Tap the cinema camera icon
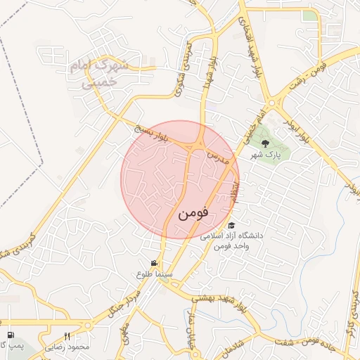[155, 263]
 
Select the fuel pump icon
[11, 335]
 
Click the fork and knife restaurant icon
[67, 335]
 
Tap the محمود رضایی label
[69, 347]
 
